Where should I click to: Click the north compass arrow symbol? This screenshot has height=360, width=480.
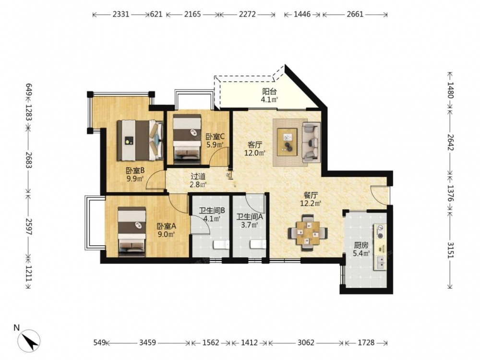pyautogui.click(x=29, y=340)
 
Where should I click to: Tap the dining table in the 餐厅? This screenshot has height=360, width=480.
pyautogui.click(x=308, y=233)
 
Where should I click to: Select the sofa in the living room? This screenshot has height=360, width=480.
pyautogui.click(x=311, y=142)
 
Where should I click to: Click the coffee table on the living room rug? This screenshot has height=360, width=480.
pyautogui.click(x=287, y=142)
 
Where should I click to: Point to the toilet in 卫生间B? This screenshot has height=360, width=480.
pyautogui.click(x=221, y=245)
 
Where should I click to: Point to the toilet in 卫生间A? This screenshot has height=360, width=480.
pyautogui.click(x=258, y=244)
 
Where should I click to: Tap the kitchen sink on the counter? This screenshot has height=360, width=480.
pyautogui.click(x=380, y=263)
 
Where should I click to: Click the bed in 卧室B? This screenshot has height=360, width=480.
pyautogui.click(x=140, y=140)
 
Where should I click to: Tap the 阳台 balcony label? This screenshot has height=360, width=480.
pyautogui.click(x=269, y=91)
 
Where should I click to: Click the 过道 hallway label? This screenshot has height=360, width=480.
pyautogui.click(x=198, y=177)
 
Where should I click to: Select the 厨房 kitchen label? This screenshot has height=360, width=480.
pyautogui.click(x=361, y=245)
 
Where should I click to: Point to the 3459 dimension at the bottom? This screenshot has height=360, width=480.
pyautogui.click(x=147, y=343)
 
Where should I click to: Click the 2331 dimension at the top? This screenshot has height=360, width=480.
pyautogui.click(x=121, y=14)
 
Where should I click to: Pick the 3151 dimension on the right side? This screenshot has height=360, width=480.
pyautogui.click(x=450, y=250)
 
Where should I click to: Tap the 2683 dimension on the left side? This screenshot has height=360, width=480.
pyautogui.click(x=29, y=160)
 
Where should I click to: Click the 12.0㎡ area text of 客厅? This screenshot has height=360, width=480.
pyautogui.click(x=255, y=153)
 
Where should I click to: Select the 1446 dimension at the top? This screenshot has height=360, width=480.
pyautogui.click(x=302, y=14)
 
